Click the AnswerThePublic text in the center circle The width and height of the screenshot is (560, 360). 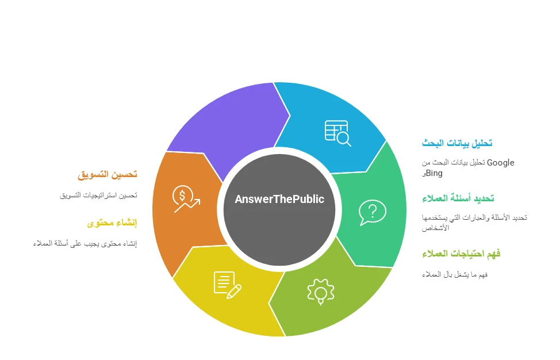(x=279, y=200)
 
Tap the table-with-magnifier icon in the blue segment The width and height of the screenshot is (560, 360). (x=337, y=133)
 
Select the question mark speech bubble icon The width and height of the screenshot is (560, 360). (x=372, y=212)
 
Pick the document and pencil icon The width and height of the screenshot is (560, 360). (x=227, y=285)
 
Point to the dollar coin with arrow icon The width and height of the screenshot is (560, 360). (x=186, y=199)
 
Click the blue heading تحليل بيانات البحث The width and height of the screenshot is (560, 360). (x=457, y=143)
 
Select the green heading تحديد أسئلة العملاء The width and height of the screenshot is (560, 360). (x=458, y=198)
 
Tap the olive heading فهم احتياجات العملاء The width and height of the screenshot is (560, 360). (x=461, y=254)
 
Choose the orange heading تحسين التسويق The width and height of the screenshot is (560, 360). (x=107, y=174)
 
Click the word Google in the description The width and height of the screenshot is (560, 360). (x=501, y=163)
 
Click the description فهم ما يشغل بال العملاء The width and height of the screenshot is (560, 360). (x=455, y=274)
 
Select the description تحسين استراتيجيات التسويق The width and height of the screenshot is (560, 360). (x=98, y=195)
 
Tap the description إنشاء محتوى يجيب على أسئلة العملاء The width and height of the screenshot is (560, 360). (x=85, y=243)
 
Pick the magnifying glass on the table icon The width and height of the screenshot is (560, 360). (x=344, y=139)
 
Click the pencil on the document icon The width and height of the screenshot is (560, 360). (x=233, y=292)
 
